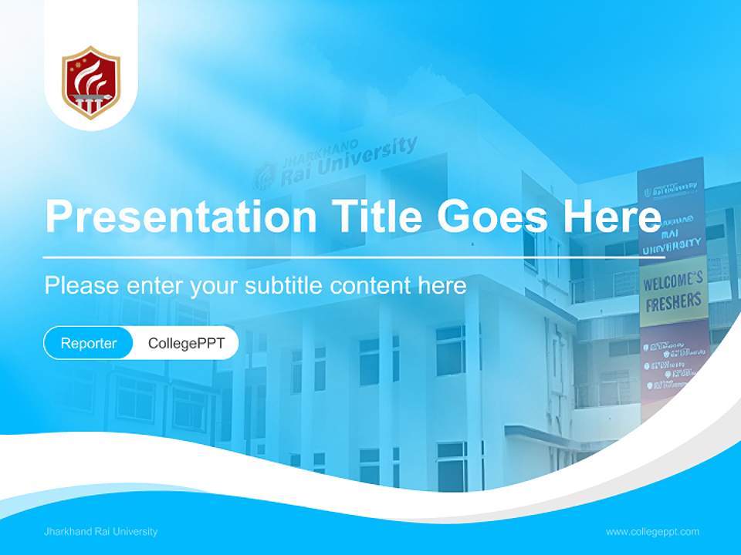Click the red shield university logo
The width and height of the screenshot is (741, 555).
coord(91,82)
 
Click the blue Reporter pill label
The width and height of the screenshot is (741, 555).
coord(89,343)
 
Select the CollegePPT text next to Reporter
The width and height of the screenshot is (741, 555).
coord(186,343)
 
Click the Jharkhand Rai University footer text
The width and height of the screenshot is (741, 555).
coord(101,531)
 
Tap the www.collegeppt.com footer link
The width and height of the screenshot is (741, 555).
coord(652,531)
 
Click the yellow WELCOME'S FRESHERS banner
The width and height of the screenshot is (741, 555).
coord(673,291)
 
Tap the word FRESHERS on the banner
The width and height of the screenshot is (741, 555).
coord(673,301)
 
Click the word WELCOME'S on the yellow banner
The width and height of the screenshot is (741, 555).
coord(673,282)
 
